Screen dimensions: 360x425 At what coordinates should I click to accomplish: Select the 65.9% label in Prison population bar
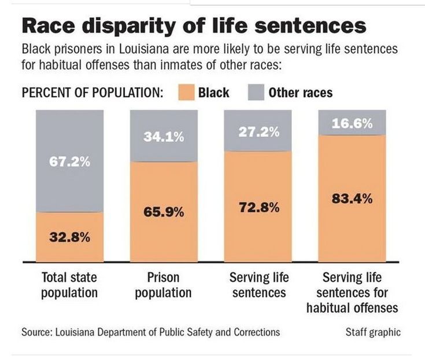(164, 212)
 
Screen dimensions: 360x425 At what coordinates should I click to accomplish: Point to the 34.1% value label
(164, 137)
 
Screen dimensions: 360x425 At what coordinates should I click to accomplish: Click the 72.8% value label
(260, 207)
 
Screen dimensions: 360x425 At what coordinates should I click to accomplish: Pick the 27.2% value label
(260, 132)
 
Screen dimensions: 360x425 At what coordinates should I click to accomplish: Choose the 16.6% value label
(352, 123)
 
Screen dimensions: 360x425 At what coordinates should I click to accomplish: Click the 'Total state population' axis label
(69, 285)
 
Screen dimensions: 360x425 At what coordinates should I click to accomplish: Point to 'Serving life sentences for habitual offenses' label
(352, 292)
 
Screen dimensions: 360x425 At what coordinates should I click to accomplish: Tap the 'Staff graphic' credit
(373, 332)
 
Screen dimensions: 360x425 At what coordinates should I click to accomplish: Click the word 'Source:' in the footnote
(37, 332)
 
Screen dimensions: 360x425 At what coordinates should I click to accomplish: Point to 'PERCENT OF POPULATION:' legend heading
(92, 93)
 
